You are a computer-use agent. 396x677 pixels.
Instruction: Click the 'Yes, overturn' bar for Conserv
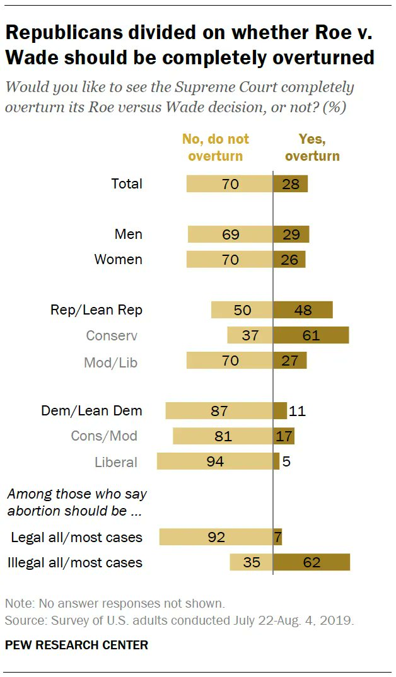311,335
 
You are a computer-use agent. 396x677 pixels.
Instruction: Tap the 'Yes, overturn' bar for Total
291,184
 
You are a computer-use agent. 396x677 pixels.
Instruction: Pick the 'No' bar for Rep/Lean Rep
242,310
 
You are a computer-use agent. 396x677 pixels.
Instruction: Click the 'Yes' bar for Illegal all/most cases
312,562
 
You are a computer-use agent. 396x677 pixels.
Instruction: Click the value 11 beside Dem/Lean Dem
298,411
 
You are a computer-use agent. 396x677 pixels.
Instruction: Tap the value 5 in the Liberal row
286,461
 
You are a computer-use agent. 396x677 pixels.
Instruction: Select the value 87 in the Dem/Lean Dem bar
219,411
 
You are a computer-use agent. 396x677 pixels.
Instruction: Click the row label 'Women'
118,260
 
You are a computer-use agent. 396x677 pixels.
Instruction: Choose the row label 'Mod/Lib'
110,362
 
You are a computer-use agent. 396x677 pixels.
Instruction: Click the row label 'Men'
128,234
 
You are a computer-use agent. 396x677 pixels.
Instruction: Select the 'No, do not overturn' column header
215,148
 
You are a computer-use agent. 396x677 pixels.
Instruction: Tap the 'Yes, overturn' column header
312,148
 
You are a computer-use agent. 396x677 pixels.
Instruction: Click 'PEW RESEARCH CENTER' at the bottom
76,645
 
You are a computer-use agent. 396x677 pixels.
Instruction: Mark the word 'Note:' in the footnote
20,603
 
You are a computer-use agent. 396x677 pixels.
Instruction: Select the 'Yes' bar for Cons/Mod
284,436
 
